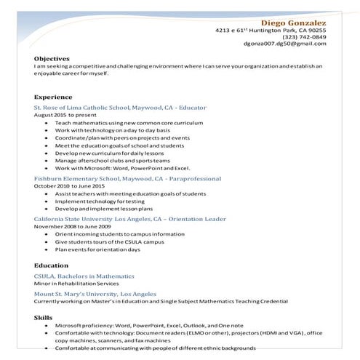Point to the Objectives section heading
tap(52, 58)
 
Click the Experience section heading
tap(53, 97)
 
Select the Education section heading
tap(51, 265)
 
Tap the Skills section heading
tap(43, 317)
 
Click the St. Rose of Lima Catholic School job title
tap(120, 108)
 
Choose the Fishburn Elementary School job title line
tap(127, 178)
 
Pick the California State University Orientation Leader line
tap(129, 219)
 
